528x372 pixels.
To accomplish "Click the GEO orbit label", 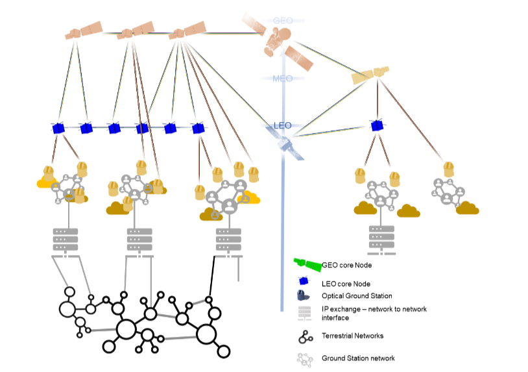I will click(283, 21).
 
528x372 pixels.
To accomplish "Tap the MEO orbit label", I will click(283, 79).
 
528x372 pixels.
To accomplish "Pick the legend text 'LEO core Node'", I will click(346, 283).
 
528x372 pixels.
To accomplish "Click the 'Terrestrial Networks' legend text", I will click(352, 336).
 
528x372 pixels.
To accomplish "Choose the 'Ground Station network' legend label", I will click(358, 358).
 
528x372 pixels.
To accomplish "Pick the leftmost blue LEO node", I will click(58, 129).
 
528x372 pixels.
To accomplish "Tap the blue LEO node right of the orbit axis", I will click(377, 126).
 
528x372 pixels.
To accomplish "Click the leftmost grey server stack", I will click(66, 240).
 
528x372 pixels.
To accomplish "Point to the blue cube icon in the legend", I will click(302, 282).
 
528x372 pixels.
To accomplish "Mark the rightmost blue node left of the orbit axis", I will click(198, 129).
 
